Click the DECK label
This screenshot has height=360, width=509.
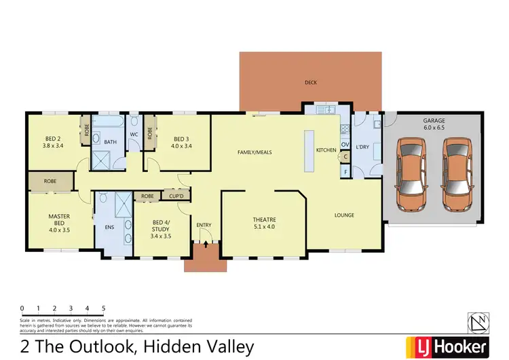tap(311, 83)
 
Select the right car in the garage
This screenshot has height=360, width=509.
tap(456, 174)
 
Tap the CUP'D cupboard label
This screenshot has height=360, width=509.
tap(177, 196)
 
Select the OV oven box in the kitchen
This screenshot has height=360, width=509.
tap(345, 145)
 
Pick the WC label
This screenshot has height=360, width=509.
tap(134, 134)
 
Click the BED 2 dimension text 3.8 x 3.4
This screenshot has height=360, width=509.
tap(53, 145)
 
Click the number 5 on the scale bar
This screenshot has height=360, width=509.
tap(103, 308)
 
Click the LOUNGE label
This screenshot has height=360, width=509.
tap(344, 215)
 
